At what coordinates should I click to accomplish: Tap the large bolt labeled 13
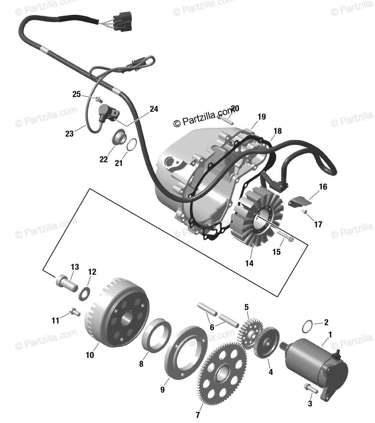(66, 283)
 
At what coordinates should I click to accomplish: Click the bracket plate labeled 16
(300, 202)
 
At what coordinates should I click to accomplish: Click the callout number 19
(262, 117)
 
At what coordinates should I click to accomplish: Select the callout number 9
(162, 390)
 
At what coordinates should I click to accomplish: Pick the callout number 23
(69, 134)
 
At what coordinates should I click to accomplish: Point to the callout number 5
(247, 307)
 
